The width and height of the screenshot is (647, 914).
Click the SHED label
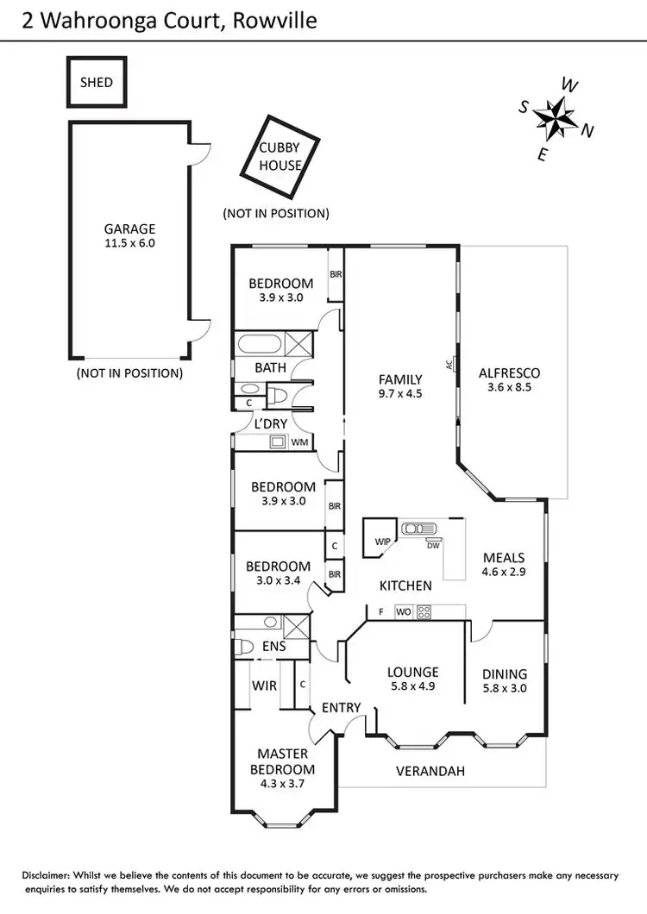click(x=97, y=82)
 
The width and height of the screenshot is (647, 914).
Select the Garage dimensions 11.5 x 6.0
click(x=129, y=244)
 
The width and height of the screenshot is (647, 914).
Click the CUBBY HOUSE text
click(x=280, y=156)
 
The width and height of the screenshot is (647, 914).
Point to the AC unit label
click(x=449, y=365)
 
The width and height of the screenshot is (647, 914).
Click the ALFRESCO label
click(x=509, y=373)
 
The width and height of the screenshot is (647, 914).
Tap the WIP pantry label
click(x=383, y=542)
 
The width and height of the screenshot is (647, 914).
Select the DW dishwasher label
click(x=433, y=546)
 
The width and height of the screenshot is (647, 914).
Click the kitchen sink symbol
click(x=418, y=529)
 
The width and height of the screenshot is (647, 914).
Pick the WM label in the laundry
click(x=299, y=441)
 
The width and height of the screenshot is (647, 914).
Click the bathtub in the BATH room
click(x=260, y=343)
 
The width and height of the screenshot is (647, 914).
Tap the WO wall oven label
click(x=403, y=612)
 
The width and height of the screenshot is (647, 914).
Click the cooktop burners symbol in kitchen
click(x=424, y=612)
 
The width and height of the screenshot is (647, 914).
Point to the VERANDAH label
click(x=430, y=771)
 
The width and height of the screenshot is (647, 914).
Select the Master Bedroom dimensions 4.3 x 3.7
click(x=282, y=784)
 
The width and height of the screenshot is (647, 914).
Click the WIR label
click(x=264, y=685)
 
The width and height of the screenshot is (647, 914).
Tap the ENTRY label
click(x=342, y=708)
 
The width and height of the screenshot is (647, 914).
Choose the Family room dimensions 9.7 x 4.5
click(x=400, y=394)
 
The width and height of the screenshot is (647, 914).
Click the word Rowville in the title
click(x=275, y=21)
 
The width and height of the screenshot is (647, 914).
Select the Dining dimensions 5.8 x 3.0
click(x=505, y=688)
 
